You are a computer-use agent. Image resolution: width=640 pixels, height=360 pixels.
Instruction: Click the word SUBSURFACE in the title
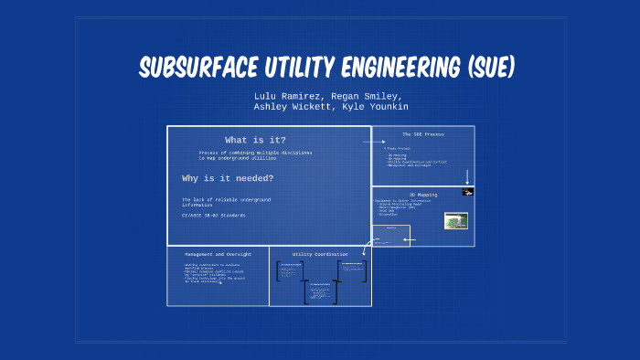[x=195, y=67]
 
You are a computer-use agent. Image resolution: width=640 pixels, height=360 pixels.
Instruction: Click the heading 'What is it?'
[x=249, y=140]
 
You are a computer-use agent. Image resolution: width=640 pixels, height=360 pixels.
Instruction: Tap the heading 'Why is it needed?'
[x=228, y=178]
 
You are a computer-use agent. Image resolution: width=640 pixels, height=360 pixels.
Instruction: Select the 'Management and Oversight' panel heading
[x=218, y=253]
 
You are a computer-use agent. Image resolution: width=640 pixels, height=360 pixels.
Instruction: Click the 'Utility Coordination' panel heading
[x=320, y=253]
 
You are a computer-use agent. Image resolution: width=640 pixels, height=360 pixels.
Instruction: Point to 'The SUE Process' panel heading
[x=423, y=134]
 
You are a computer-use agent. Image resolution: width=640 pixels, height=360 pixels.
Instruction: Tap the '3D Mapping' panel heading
[x=421, y=194]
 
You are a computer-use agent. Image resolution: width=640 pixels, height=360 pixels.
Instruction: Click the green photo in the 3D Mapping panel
[x=455, y=220]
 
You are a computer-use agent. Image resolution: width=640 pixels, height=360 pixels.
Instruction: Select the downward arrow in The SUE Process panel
[x=467, y=176]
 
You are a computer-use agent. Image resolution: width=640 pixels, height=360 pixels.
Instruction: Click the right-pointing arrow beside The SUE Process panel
[x=373, y=143]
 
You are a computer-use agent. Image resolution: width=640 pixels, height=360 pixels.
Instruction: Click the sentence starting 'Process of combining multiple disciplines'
[x=255, y=154]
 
